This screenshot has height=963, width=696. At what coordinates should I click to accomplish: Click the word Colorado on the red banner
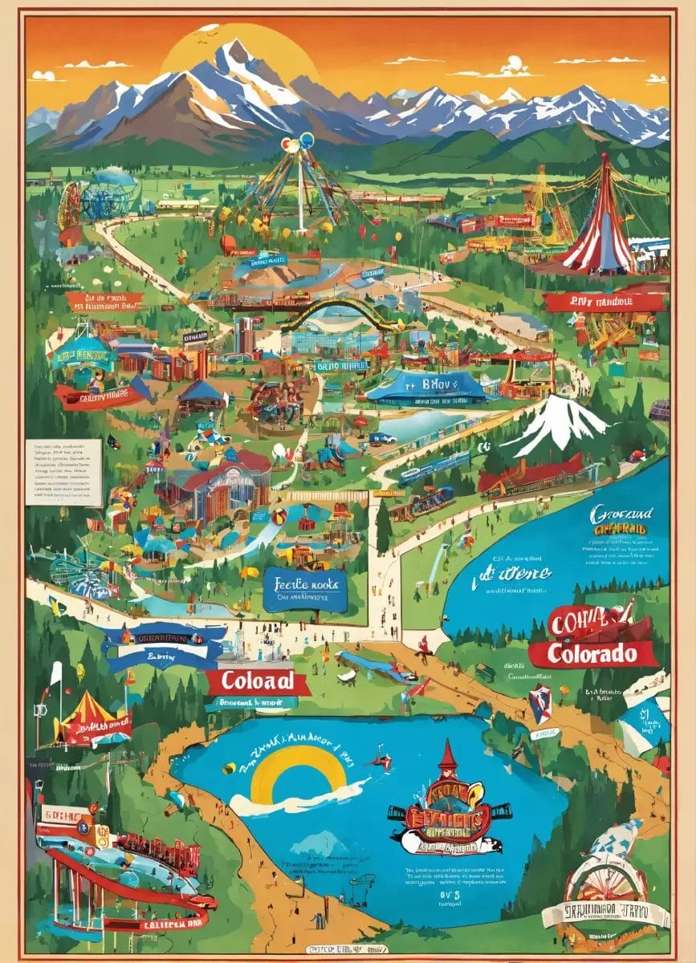592,653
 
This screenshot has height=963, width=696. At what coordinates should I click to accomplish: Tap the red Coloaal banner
257,683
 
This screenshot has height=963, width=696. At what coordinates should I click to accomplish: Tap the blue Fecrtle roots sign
305,590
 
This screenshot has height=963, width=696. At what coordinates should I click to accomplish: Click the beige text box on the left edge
63,472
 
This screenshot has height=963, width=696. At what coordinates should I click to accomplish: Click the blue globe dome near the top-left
112,193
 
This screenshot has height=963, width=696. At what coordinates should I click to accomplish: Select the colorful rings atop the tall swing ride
296,144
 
